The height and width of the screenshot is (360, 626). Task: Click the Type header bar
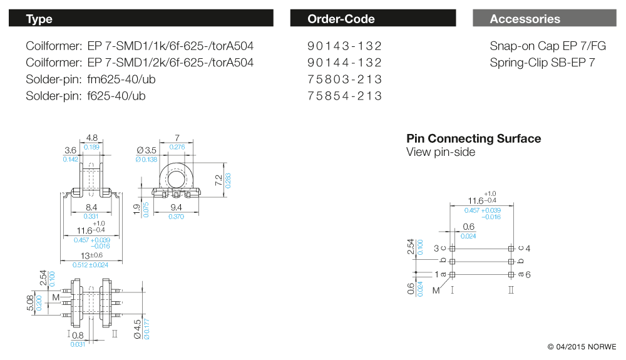[141, 18]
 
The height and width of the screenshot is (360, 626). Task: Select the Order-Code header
[373, 18]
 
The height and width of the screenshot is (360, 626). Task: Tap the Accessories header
[545, 18]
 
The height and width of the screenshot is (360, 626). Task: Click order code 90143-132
[344, 46]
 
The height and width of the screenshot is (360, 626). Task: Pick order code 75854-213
[344, 96]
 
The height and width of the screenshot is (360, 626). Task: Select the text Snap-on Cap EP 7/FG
[548, 46]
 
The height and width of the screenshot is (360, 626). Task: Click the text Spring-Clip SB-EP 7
[542, 63]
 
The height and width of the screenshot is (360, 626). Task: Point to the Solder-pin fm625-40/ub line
[91, 80]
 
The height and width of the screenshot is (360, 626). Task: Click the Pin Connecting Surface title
[473, 138]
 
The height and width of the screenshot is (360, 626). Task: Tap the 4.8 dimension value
[92, 137]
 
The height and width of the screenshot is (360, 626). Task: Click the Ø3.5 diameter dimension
[146, 150]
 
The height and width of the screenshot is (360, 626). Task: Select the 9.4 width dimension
[176, 207]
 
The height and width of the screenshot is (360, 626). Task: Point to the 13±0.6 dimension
[92, 255]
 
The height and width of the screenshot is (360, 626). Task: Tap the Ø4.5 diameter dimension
[138, 329]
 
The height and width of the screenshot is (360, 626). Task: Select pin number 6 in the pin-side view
[528, 275]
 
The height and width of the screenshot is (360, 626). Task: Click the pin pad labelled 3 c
[452, 249]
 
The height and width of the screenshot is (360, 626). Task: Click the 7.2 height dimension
[218, 180]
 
